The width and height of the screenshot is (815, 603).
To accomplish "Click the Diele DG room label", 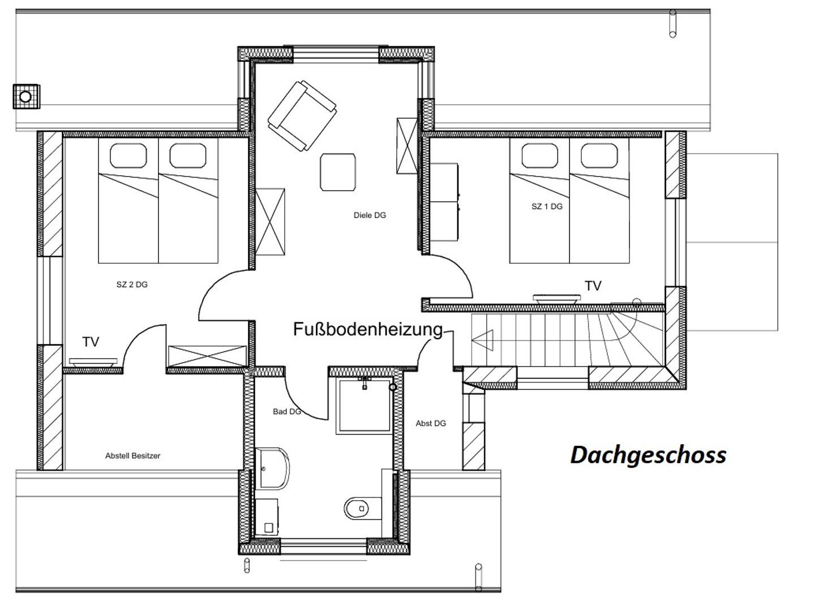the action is (x=370, y=215).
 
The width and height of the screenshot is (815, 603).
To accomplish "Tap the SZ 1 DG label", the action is (x=547, y=206).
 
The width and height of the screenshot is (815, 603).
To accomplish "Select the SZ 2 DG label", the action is (x=132, y=284).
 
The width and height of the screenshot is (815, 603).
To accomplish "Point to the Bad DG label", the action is (x=287, y=412).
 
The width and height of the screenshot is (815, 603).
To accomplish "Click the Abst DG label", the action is (x=431, y=424).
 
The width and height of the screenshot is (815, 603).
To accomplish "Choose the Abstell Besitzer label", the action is (x=132, y=456).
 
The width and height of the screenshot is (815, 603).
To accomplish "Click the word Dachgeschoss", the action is (x=648, y=455).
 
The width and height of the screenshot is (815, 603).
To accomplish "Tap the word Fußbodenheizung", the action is (x=368, y=329).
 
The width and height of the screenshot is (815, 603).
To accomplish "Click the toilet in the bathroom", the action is (x=363, y=509).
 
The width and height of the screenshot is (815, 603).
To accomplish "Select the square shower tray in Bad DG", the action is (x=364, y=406).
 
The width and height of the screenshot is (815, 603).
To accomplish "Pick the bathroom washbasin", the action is (x=272, y=468).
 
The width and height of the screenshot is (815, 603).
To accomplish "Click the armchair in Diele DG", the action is (x=302, y=116).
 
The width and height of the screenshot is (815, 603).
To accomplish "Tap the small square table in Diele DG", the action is (x=338, y=172).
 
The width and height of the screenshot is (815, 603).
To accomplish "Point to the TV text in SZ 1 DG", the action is (x=593, y=286).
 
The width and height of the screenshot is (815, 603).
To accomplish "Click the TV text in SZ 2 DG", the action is (x=91, y=342).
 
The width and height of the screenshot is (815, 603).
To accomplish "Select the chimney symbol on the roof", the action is (x=27, y=97).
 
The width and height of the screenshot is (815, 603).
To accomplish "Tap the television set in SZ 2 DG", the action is (x=93, y=363).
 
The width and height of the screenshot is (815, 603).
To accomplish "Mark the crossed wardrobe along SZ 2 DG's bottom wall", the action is (x=207, y=356).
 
